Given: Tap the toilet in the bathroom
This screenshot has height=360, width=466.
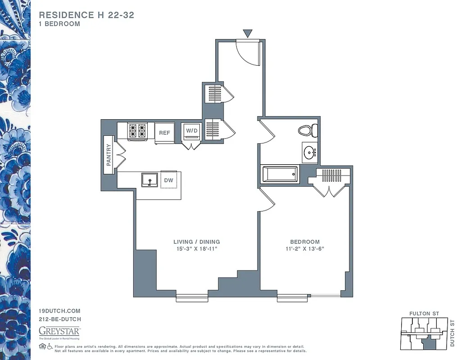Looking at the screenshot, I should click(308, 131).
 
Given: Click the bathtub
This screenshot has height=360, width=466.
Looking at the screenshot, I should click(280, 174).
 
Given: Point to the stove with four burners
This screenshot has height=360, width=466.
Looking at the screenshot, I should click(138, 131).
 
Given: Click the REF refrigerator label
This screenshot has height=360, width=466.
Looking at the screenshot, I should click(164, 133).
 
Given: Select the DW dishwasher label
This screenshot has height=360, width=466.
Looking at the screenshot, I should click(168, 180).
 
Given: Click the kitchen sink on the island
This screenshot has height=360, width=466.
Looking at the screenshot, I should click(149, 180).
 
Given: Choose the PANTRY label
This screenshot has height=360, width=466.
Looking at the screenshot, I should click(109, 154).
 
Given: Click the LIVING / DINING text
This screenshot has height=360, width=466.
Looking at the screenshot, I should click(197, 242).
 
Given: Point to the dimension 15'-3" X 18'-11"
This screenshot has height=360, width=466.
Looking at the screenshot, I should click(197, 249).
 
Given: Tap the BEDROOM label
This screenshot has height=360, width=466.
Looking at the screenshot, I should click(305, 242).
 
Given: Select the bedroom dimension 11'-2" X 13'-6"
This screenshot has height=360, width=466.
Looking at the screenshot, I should click(305, 249).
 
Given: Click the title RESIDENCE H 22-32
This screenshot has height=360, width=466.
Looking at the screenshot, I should click(86, 15).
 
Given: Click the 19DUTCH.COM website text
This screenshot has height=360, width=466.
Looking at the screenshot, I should click(60, 311).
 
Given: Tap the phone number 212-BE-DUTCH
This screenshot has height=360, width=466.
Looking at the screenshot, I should click(60, 319).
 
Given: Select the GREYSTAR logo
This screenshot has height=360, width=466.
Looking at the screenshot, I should click(59, 331).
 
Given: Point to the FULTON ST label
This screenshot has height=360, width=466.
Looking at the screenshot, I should click(424, 313).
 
